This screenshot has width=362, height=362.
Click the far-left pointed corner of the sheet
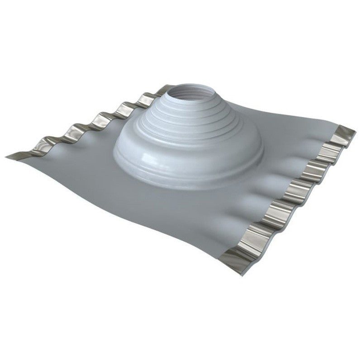coord(8,157)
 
